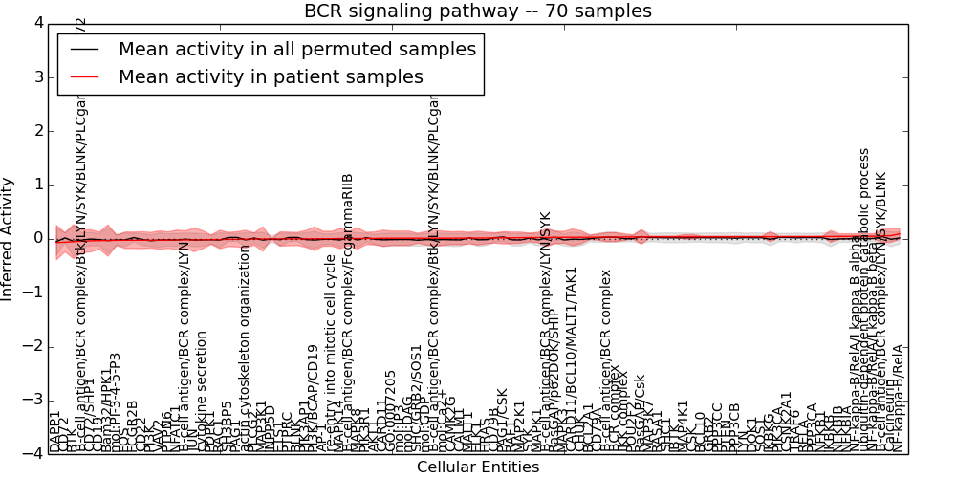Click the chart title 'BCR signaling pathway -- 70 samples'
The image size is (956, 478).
point(478,11)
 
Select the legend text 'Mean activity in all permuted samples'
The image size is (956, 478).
point(296,50)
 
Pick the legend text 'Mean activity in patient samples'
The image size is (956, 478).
point(271,77)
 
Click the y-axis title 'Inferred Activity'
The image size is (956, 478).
point(9,238)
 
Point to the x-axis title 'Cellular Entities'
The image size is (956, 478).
point(478,467)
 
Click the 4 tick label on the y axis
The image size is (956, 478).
point(37,23)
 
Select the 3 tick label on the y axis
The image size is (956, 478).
point(37,76)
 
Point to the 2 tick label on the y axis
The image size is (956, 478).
point(37,131)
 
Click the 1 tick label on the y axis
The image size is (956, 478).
point(37,185)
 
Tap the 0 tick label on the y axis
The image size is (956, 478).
point(37,238)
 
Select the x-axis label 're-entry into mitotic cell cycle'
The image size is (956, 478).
point(331,353)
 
